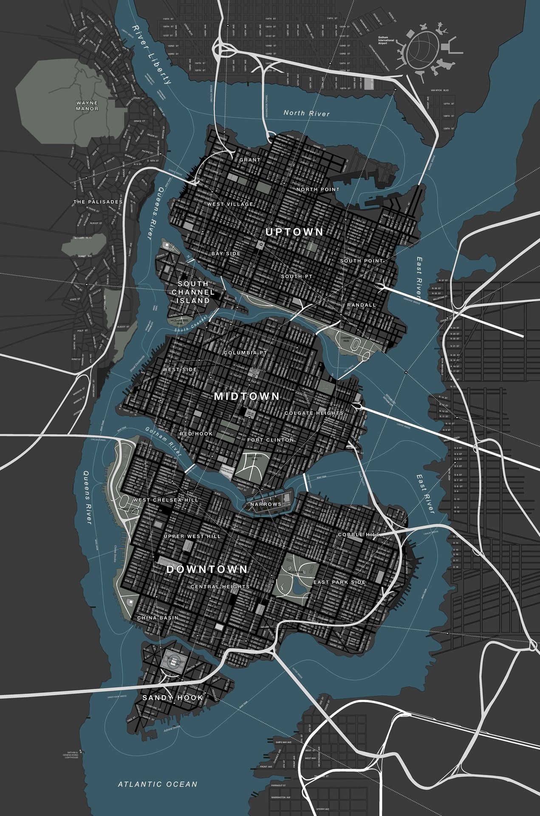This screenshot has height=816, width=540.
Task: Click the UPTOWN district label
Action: (294, 232)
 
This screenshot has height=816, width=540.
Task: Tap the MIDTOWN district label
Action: (247, 397)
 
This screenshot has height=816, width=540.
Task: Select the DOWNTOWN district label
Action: (207, 569)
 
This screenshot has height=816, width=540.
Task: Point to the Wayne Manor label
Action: (87, 106)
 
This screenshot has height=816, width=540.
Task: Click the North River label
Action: (307, 113)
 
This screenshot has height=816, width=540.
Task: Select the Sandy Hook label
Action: (173, 698)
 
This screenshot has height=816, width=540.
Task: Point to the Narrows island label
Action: (266, 504)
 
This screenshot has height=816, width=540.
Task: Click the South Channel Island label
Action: (193, 292)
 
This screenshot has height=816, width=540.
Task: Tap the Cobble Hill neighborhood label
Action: (356, 534)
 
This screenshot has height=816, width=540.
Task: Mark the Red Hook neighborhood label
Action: (196, 434)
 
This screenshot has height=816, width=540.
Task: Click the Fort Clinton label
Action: (271, 440)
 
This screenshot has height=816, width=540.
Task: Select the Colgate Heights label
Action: (314, 413)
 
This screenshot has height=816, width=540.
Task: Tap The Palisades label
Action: (98, 202)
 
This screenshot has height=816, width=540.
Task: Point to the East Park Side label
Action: (339, 582)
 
